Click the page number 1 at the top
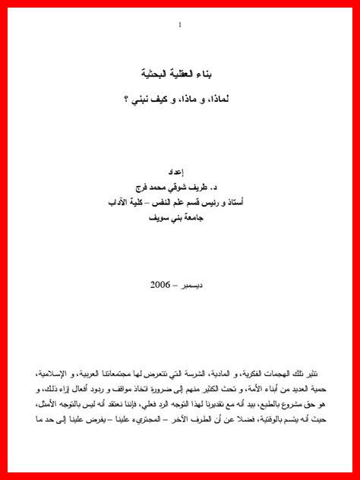(180, 26)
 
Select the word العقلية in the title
(185, 74)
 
